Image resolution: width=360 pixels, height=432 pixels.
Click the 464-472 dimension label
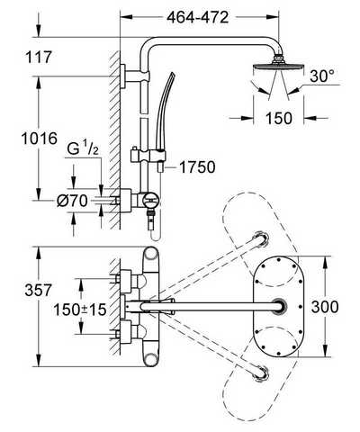coord(198,18)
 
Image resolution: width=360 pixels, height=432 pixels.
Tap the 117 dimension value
coord(39,57)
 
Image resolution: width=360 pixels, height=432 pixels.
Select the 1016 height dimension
coord(39,139)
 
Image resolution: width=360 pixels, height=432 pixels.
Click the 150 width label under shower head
coord(279,118)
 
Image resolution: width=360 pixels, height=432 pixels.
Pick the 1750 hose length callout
coord(197,167)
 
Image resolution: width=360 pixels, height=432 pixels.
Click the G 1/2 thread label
coord(83,149)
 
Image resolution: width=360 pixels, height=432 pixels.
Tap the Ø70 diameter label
coord(72,201)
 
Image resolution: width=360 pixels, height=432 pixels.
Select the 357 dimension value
coord(39,290)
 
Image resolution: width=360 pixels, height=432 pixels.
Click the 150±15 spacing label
coord(80,310)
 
